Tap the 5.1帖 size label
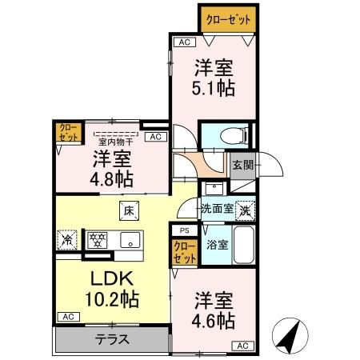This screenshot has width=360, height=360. point(214,88)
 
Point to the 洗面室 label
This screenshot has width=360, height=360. point(216,208)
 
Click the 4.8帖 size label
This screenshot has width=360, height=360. point(112,177)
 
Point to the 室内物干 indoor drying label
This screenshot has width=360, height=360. point(115,142)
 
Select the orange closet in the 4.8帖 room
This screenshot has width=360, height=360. point(65,132)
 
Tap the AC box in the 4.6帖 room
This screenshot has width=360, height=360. point(242,345)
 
